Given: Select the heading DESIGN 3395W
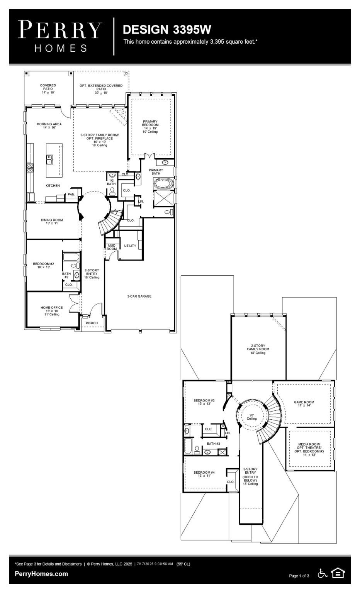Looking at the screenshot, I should tap(167, 29).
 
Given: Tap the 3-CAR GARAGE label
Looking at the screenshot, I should tap(139, 296).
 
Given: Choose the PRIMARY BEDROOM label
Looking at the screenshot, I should tap(151, 125).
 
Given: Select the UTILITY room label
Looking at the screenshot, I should tap(130, 246).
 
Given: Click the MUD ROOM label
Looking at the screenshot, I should tap(112, 247).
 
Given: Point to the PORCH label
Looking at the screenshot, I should tap(92, 323).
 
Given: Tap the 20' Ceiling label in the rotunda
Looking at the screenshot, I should tap(251, 417).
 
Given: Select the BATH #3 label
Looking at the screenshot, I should tap(213, 444).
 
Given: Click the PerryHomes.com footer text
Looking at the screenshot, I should tap(41, 574).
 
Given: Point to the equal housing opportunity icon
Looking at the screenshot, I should tap(338, 573).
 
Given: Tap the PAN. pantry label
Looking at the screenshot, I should tap(71, 195).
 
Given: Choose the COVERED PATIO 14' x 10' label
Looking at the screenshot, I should tap(48, 89).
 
